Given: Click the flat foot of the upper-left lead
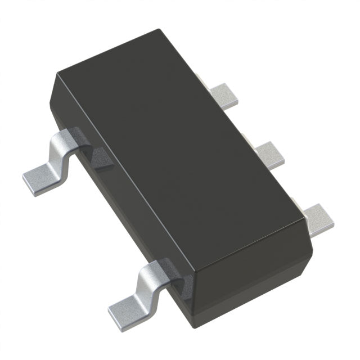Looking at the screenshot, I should pos(42,178).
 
